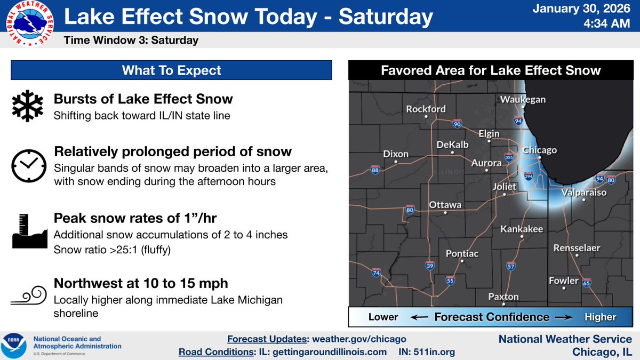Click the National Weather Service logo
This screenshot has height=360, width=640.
click(26, 25)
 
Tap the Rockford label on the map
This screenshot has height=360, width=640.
click(426, 109)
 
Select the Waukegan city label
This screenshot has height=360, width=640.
click(523, 100)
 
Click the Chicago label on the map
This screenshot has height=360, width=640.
click(539, 150)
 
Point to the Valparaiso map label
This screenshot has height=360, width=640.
click(583, 193)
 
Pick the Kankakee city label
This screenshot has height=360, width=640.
click(521, 229)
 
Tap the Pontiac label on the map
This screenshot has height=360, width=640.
click(461, 254)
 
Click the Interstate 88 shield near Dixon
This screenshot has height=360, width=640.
click(375, 170)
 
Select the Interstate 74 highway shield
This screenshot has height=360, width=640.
click(377, 273)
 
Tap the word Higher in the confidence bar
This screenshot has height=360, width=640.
click(600, 317)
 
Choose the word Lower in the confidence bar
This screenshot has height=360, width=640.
click(383, 317)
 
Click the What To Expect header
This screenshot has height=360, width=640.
click(171, 70)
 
